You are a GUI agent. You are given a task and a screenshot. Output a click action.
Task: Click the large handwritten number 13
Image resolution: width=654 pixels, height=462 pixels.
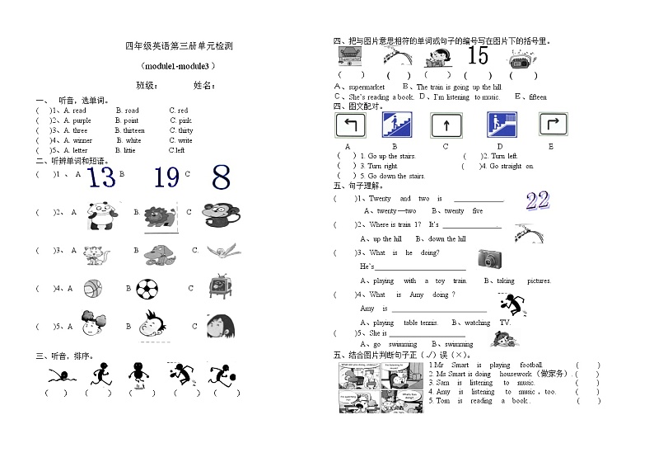[x=101, y=177]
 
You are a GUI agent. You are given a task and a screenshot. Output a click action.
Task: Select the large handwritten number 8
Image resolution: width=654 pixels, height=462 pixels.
[x=220, y=177]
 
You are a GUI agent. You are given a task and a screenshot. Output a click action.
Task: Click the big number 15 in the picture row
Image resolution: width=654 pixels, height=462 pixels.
[x=478, y=56]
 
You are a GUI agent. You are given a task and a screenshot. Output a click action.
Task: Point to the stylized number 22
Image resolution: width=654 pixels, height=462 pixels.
[x=537, y=200]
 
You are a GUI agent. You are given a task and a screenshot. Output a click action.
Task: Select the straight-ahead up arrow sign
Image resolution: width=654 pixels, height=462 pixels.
[x=445, y=125]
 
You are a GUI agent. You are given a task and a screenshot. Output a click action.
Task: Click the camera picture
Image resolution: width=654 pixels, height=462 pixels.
[x=489, y=258]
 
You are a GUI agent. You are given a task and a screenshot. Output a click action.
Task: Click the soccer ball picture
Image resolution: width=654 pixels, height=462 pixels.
[x=148, y=289]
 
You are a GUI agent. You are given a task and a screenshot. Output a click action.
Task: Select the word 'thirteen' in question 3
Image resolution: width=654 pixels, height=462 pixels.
[x=133, y=130]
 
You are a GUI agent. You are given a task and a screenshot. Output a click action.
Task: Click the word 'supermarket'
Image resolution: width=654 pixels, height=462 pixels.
[x=367, y=87]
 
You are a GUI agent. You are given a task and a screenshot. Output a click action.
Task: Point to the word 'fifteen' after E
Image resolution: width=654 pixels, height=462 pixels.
[x=537, y=97]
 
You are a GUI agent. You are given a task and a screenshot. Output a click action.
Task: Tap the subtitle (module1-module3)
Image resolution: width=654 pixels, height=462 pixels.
[x=178, y=65]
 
